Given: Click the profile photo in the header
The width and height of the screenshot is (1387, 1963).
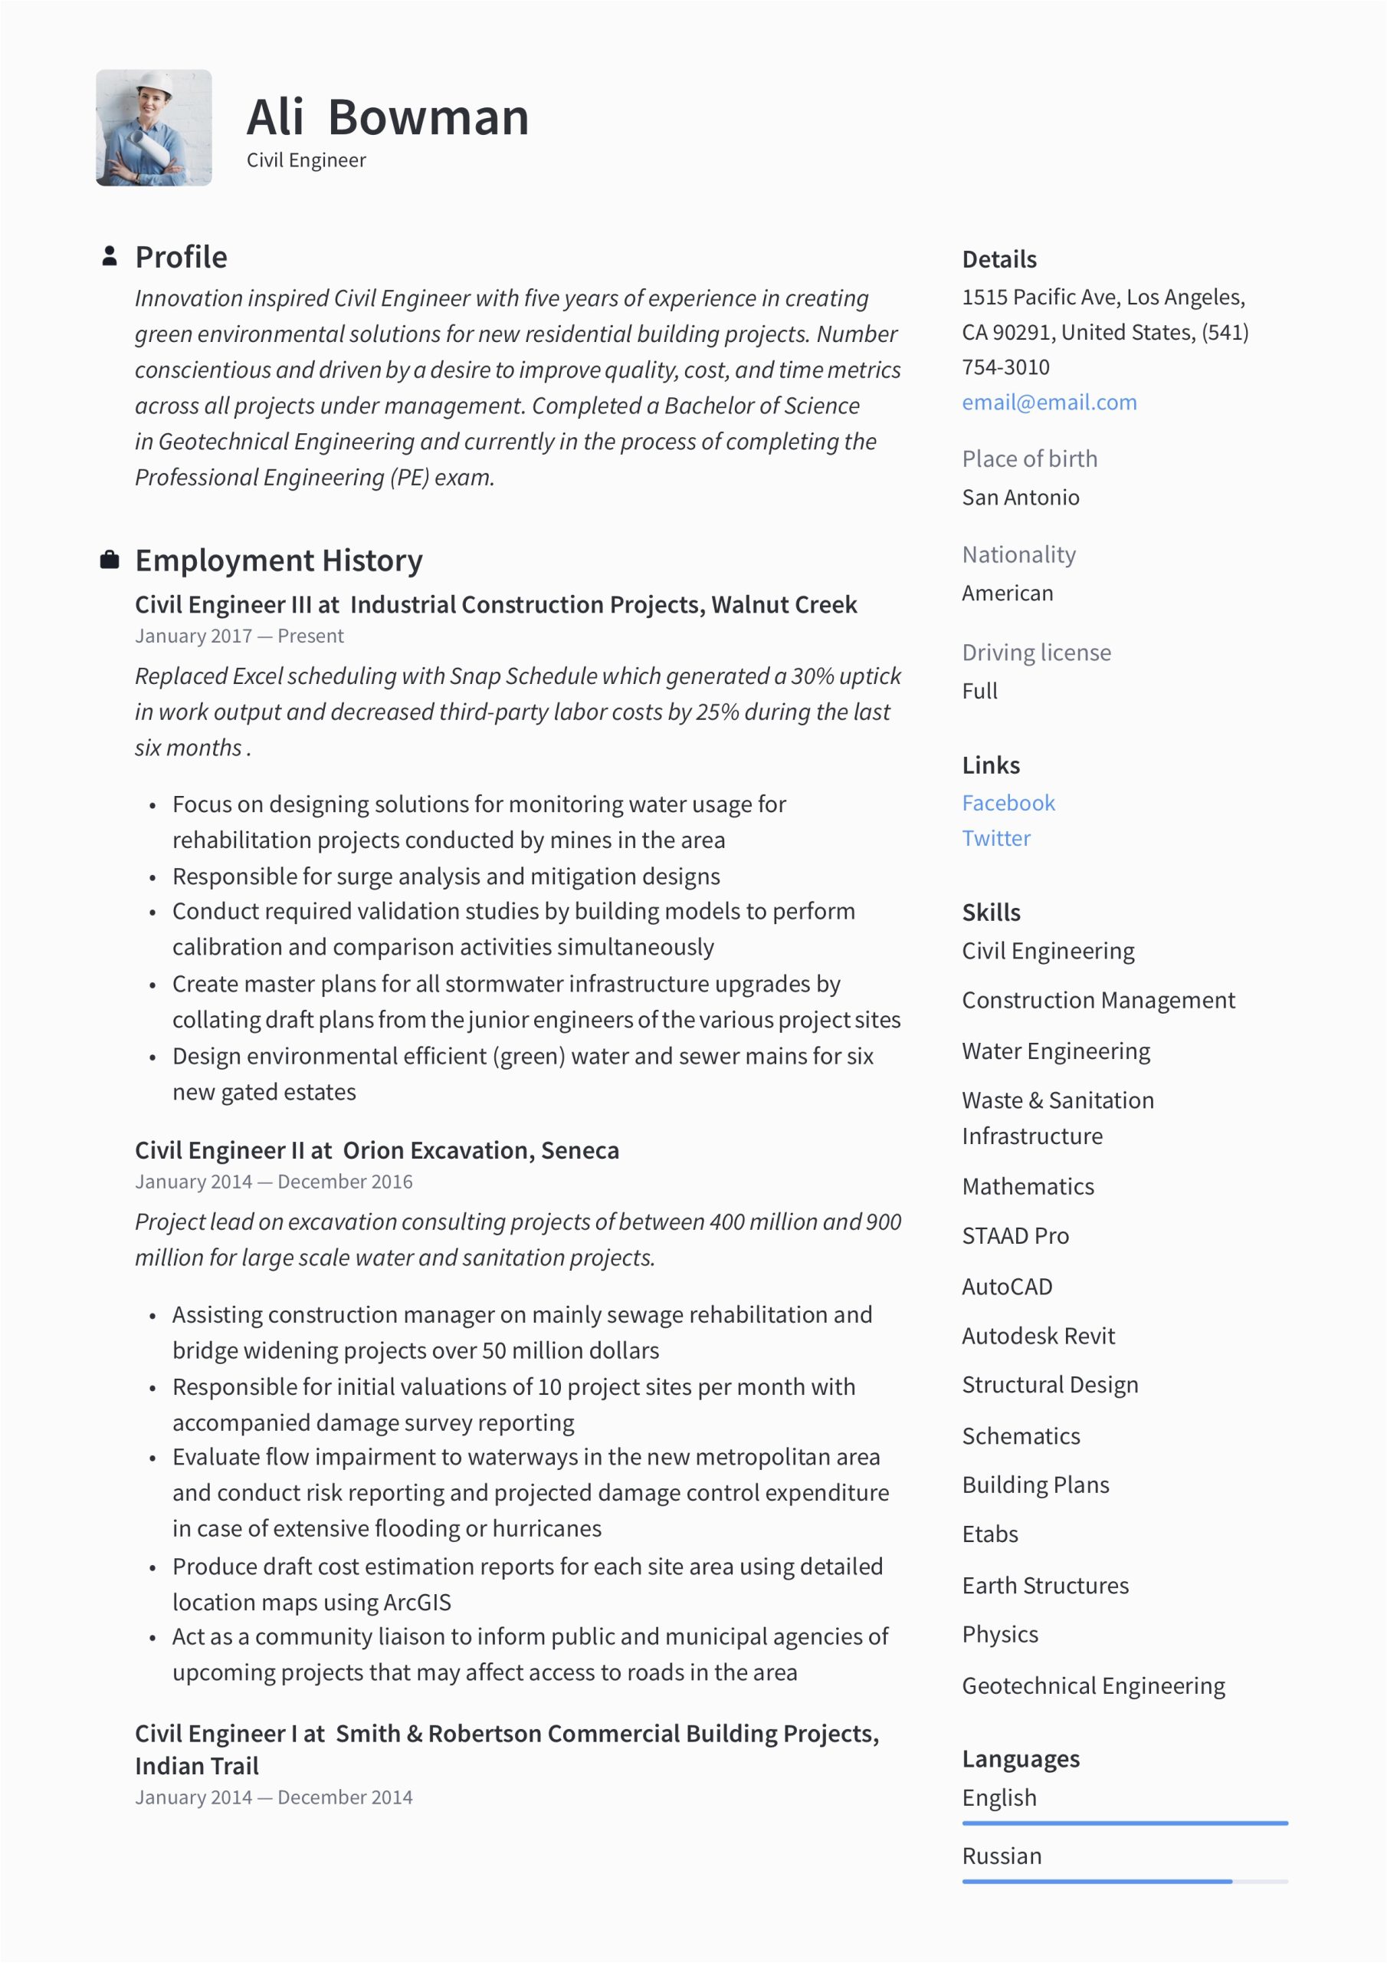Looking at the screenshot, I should [154, 128].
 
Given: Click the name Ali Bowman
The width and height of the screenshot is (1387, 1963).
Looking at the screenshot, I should [387, 117].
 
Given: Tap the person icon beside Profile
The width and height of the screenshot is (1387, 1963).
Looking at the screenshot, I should [110, 256].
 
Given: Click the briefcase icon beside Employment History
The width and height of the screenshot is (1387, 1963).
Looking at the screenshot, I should [110, 560].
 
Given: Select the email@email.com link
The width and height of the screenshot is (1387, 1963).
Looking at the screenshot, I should [1048, 402].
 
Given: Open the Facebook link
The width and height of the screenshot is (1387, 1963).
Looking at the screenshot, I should [1008, 803].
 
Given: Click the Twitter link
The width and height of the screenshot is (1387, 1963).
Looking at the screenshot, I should [995, 838].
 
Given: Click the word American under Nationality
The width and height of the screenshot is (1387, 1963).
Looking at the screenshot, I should [1007, 594].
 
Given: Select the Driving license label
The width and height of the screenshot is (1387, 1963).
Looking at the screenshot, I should [1036, 653].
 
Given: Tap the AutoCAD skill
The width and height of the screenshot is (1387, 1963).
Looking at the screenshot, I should [1007, 1286].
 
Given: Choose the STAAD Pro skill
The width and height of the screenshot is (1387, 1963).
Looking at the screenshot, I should [1015, 1235].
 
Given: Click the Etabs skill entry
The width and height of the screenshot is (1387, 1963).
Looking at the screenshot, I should [989, 1534].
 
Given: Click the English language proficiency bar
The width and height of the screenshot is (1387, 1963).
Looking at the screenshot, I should [1124, 1823].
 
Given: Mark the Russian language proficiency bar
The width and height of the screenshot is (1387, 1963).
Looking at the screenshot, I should [1124, 1882].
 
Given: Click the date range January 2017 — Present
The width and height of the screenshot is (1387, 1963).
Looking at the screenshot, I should [239, 636].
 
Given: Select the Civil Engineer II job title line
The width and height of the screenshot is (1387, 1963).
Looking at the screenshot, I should [377, 1151].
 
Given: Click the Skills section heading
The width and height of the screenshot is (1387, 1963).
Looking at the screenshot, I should [991, 912].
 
